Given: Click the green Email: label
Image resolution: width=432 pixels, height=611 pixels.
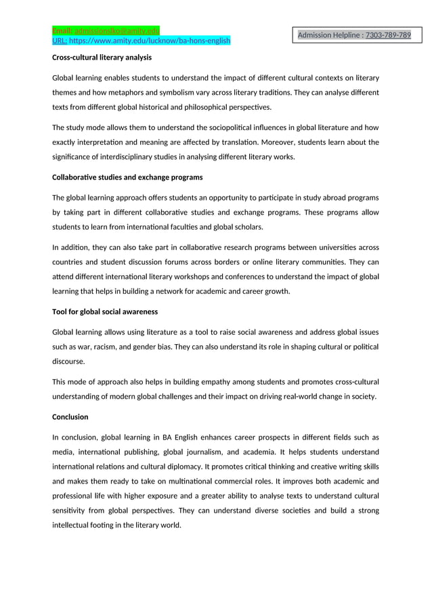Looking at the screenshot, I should click(x=62, y=31).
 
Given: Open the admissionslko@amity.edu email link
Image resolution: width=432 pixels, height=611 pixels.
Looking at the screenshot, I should click(x=116, y=31).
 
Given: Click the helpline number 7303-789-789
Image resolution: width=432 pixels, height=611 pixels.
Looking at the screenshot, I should click(x=387, y=35).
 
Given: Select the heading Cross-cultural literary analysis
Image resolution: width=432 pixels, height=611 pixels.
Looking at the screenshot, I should click(x=102, y=58).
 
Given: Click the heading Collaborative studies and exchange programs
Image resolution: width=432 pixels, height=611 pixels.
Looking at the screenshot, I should click(x=127, y=177).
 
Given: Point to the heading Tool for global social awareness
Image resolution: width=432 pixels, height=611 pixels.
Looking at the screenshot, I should click(x=105, y=312).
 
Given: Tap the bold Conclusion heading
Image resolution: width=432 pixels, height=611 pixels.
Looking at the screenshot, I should click(x=70, y=417).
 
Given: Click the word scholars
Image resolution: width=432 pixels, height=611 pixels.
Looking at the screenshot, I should click(x=245, y=227).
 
